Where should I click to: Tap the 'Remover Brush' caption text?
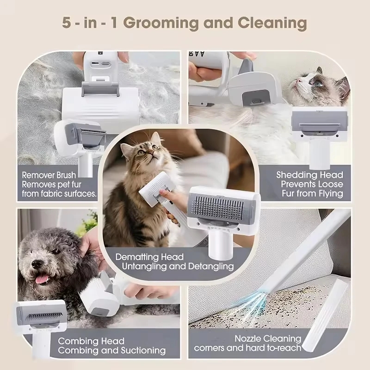[x=51, y=175]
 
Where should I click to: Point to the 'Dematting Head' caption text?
[x=149, y=257]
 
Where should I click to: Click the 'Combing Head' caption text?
[x=91, y=341]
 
